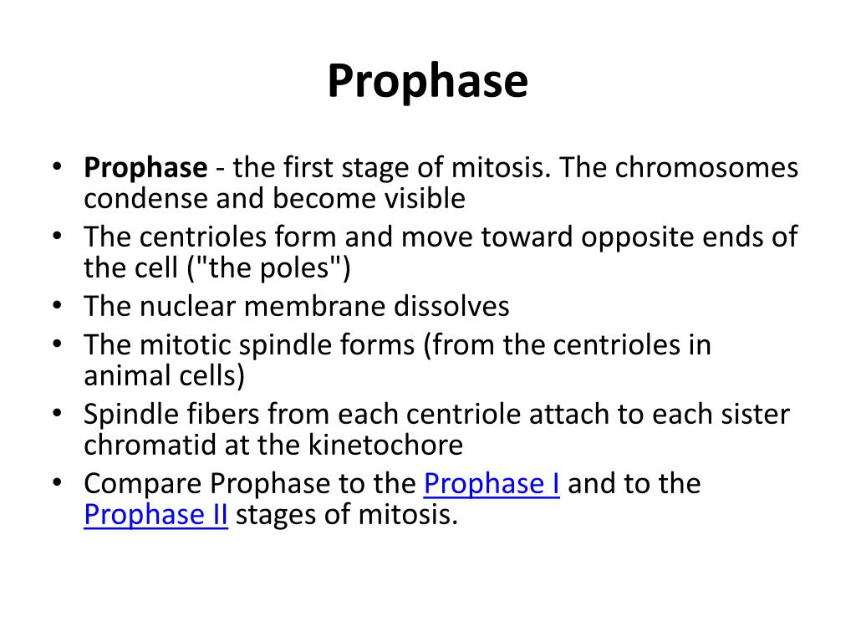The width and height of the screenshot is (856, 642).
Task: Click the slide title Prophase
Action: click(x=427, y=83)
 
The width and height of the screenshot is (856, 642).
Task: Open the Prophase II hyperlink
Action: click(x=155, y=514)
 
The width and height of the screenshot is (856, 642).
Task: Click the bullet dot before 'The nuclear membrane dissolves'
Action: click(x=57, y=307)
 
